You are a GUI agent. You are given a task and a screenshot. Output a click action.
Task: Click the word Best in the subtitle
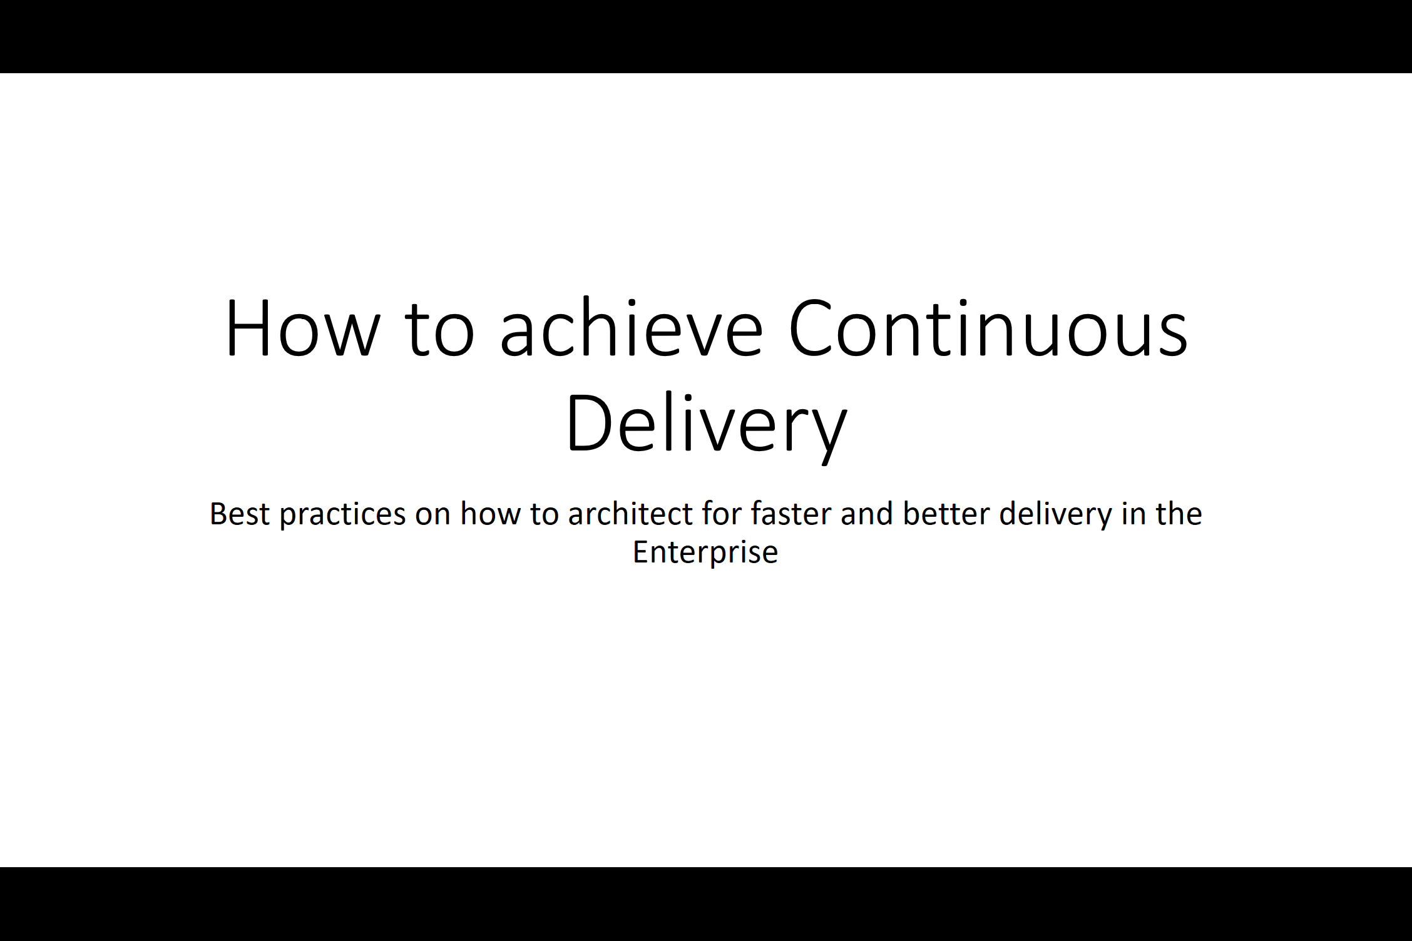click(x=240, y=514)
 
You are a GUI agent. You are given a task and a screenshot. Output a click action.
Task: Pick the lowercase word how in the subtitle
click(x=490, y=514)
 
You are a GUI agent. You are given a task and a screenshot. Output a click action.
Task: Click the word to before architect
click(x=544, y=515)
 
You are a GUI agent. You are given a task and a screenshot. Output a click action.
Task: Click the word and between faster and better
click(x=867, y=514)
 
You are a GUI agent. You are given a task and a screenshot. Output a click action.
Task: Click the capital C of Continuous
click(x=809, y=328)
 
